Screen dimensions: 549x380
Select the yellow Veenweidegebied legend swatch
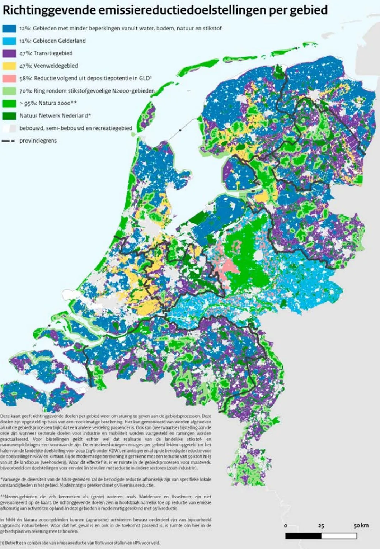pos(9,66)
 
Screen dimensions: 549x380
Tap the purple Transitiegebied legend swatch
pos(9,53)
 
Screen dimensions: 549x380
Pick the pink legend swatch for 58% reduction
pos(9,78)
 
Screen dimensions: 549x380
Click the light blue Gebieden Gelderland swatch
pos(9,41)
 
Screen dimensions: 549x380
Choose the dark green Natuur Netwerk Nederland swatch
pos(9,115)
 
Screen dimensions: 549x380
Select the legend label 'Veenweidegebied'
pos(56,66)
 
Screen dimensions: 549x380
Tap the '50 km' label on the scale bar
pos(361,526)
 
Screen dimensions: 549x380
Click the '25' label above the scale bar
pos(321,526)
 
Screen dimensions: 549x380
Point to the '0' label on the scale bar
pos(286,526)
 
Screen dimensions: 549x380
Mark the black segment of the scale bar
pos(303,536)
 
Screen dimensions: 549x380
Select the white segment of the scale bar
pos(339,536)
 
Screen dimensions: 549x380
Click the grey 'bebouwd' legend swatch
pos(9,128)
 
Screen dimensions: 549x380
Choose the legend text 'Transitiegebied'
pos(53,53)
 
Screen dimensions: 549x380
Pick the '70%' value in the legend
pos(25,91)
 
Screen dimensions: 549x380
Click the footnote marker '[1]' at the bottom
pos(3,543)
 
